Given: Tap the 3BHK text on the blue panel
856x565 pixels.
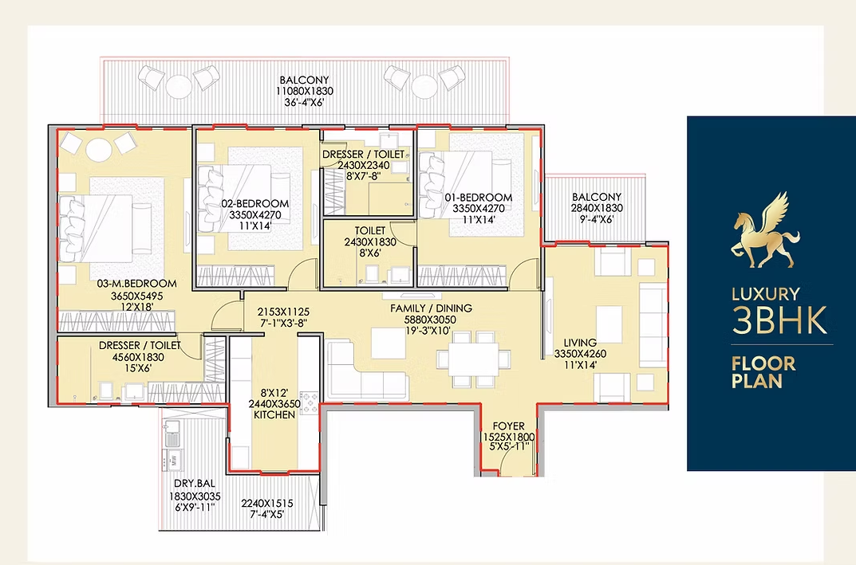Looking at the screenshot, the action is pos(779,320).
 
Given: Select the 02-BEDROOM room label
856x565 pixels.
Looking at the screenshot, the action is pos(255,203).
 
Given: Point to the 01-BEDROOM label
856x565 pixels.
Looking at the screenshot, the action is pos(478,197).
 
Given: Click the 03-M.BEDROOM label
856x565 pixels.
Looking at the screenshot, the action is pos(136,284).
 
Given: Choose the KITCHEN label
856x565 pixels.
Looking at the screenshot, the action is pos(274,414).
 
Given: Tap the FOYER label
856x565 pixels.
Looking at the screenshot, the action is pos(508,426).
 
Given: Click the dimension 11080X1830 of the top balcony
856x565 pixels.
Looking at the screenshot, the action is pos(305,91).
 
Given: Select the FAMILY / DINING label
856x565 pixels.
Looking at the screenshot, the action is pos(432,308).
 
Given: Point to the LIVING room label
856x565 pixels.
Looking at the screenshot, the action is pos(580,343).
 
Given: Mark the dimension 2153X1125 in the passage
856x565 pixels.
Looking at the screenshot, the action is pos(283,312).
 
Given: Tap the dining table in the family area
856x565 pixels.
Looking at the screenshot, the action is pos(474,359).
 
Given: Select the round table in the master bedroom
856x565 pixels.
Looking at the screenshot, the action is pos(99,150).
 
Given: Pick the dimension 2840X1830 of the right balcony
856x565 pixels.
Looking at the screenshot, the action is pos(597,208).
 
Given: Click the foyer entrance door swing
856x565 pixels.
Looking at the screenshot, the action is pos(510,464).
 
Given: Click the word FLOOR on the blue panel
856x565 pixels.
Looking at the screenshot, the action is pos(763,363).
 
